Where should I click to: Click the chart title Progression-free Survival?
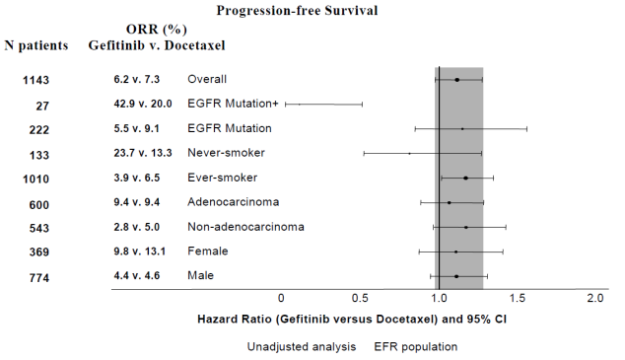[x=297, y=11]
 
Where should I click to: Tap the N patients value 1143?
[x=35, y=80]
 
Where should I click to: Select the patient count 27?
[x=42, y=106]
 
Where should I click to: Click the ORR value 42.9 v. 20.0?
[x=143, y=104]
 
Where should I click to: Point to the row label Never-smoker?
[x=226, y=153]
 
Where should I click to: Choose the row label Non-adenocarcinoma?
[x=245, y=227]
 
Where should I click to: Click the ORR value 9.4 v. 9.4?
[x=137, y=202]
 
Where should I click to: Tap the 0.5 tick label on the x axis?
[x=360, y=298]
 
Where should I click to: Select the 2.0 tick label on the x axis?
[x=595, y=298]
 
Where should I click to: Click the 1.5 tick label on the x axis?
[x=517, y=298]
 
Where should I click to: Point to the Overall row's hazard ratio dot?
[x=457, y=80]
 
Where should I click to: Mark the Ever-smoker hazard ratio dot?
[x=465, y=178]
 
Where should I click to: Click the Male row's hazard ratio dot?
[x=456, y=276]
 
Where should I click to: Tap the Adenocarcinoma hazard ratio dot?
[x=450, y=202]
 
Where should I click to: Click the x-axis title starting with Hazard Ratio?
[x=352, y=320]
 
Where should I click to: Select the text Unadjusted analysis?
[x=302, y=347]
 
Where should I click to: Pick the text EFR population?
[x=416, y=347]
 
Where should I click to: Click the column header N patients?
[x=36, y=45]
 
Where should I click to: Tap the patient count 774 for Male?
[x=39, y=277]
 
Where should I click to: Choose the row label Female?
[x=208, y=252]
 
